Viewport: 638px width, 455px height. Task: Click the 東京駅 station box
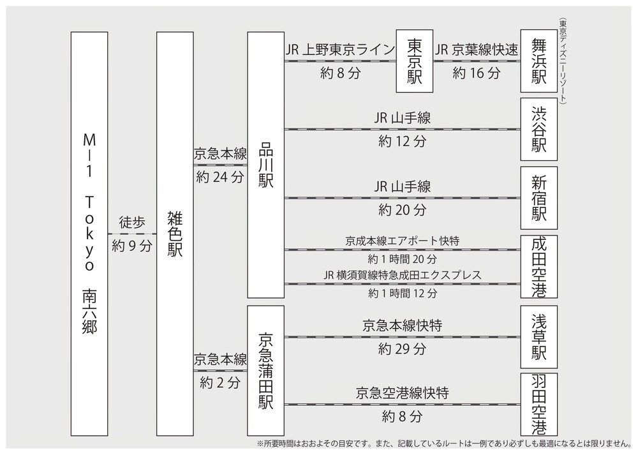pos(415,61)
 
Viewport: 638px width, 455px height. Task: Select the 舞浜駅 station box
pos(538,61)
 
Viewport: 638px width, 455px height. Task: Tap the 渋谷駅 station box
pos(538,130)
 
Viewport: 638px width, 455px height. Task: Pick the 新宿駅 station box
pos(538,198)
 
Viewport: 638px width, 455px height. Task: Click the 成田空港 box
pos(538,267)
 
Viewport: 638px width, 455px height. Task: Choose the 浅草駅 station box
pos(538,337)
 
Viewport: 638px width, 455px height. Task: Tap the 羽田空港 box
pos(538,405)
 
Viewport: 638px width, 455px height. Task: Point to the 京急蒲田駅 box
pos(265,371)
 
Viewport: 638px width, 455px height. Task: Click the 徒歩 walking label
pos(132,222)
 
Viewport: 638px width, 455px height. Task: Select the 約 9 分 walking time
pos(132,246)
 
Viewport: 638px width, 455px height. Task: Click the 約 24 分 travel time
pos(220,177)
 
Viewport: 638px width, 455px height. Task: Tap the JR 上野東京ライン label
pos(340,50)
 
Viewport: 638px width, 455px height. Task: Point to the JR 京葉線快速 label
pos(477,50)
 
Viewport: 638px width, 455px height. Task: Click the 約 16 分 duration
pos(477,73)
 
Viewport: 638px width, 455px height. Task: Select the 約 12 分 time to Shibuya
pos(403,141)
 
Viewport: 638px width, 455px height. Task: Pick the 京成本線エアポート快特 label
pos(403,241)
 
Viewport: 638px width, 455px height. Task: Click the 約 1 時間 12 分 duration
pos(403,293)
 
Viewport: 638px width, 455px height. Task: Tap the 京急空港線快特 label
pos(403,393)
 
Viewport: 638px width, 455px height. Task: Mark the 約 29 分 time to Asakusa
pos(403,349)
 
